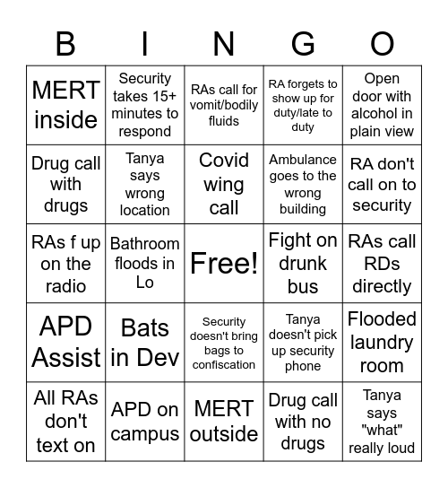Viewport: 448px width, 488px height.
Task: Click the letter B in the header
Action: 65,43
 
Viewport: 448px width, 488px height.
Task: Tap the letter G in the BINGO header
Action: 303,43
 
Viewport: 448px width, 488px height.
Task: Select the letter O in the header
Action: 383,43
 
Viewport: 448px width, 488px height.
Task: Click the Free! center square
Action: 224,263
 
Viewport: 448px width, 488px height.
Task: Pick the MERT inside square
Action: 65,105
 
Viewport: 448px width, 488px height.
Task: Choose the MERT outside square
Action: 224,421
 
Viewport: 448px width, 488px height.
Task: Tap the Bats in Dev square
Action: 144,342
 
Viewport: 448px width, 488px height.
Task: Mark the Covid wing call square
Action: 224,184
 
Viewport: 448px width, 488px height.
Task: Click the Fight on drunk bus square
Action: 303,263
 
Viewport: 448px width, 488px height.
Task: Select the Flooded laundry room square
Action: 382,342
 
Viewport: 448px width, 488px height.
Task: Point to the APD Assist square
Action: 65,342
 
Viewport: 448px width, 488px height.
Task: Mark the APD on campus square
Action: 144,421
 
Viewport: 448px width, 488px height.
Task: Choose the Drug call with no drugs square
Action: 303,421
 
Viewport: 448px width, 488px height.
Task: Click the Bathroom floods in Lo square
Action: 144,263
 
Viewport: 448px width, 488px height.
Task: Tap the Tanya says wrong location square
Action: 144,184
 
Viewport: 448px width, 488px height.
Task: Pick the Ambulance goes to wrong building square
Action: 303,184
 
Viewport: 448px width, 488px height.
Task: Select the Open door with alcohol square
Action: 382,105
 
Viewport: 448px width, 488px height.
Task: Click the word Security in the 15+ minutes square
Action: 144,79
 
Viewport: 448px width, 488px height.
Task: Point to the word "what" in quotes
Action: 382,431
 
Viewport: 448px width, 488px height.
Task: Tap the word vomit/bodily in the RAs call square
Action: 224,105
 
